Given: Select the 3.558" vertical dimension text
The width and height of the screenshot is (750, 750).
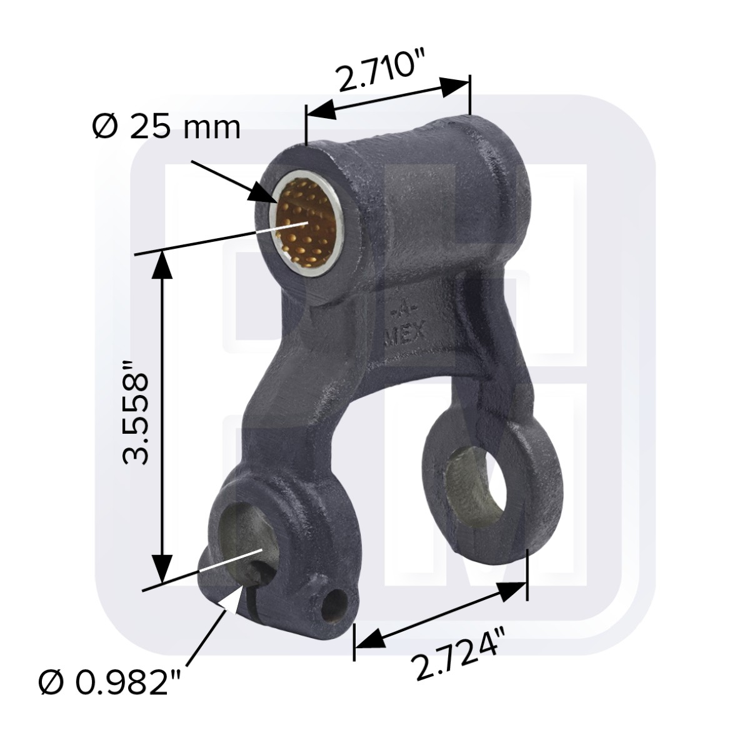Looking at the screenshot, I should point(136,411).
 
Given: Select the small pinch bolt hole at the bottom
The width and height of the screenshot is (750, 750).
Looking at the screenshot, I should point(335,604).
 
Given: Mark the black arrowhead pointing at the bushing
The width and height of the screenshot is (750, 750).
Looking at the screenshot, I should point(264,194).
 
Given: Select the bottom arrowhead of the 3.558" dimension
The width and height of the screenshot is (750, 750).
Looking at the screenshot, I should point(163,569).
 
